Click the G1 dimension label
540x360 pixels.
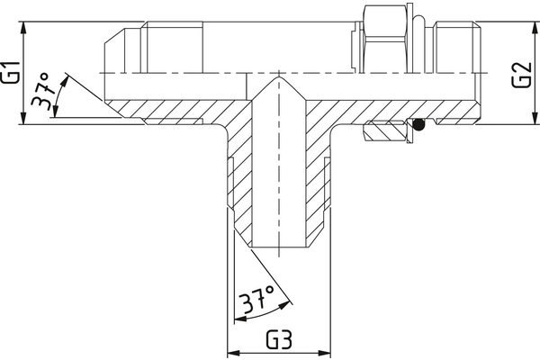point(11,72)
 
